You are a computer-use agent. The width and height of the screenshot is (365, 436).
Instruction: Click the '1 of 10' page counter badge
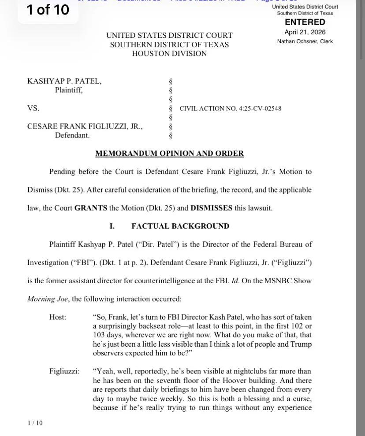(x=48, y=10)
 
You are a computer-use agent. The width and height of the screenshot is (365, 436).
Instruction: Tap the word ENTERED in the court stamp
(x=305, y=22)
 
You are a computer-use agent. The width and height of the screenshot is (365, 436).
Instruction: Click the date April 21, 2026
(x=305, y=32)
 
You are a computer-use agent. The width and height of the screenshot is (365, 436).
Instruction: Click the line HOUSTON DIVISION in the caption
(x=169, y=54)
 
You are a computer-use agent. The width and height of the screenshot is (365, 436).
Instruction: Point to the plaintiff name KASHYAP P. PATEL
(x=64, y=81)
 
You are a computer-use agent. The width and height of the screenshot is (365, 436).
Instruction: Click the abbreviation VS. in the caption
(x=33, y=108)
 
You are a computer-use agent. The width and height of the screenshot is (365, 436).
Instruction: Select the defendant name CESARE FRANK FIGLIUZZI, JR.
(x=85, y=126)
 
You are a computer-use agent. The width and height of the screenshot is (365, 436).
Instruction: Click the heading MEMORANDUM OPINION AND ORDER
(x=169, y=154)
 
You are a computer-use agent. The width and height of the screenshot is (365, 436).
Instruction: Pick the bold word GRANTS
(x=90, y=208)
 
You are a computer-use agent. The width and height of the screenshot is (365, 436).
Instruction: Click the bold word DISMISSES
(x=211, y=208)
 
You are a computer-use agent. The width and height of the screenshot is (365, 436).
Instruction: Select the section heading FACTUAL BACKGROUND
(x=180, y=226)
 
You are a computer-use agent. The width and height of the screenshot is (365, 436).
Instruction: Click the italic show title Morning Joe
(x=47, y=299)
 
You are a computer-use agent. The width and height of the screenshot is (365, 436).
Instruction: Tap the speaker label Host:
(x=58, y=317)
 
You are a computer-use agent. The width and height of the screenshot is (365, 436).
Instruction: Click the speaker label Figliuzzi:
(x=64, y=371)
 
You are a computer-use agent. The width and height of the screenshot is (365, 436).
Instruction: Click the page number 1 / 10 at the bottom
(x=35, y=423)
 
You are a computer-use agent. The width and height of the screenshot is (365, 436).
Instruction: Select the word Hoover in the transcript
(x=239, y=381)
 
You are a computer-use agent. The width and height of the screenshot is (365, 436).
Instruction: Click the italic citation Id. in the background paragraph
(x=235, y=281)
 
